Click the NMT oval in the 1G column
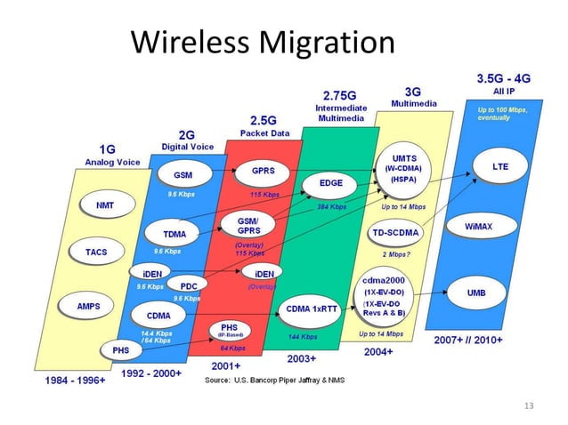(102, 205)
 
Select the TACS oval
(96, 253)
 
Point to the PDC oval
(188, 285)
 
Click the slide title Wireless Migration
(262, 41)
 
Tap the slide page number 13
(531, 405)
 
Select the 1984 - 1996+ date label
(77, 380)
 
